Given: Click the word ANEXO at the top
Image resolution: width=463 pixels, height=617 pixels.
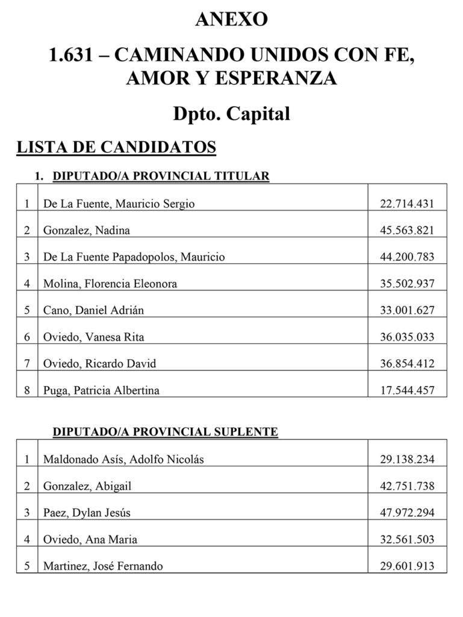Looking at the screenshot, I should (x=231, y=19).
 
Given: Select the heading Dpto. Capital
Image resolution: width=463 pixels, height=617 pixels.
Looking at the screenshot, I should (x=231, y=113).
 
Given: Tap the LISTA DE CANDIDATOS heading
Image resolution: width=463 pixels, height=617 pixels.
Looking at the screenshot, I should (x=116, y=146).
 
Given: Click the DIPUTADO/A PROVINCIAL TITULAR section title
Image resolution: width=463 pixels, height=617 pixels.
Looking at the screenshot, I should (x=161, y=177).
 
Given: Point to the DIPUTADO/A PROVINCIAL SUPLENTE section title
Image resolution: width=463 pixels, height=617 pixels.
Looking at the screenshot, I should (x=165, y=432).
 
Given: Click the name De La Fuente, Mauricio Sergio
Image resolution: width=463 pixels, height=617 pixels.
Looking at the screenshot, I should (x=119, y=204).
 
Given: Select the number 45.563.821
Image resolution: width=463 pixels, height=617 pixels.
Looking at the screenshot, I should (x=407, y=230).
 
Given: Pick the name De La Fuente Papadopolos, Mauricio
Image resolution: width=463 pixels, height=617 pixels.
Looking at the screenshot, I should (x=134, y=257).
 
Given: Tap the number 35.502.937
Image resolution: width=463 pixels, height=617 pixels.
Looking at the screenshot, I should (x=407, y=283).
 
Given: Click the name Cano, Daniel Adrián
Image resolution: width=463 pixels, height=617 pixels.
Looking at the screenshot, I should (x=93, y=310).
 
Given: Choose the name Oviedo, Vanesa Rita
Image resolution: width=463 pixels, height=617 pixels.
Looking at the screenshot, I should (x=93, y=337).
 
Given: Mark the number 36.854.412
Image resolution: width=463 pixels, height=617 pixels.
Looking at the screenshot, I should (x=407, y=363).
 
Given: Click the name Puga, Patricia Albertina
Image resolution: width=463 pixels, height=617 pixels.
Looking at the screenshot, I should (x=101, y=390).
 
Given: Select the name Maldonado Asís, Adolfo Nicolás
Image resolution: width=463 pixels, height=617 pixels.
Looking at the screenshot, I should (x=123, y=459).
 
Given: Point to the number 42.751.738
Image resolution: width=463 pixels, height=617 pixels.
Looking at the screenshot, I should (x=407, y=486).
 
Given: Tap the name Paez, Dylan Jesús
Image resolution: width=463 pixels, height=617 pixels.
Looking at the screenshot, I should (x=87, y=513).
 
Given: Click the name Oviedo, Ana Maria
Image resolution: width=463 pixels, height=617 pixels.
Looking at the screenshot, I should (x=85, y=539).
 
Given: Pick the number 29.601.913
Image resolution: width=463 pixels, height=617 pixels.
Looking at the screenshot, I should (x=407, y=566).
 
